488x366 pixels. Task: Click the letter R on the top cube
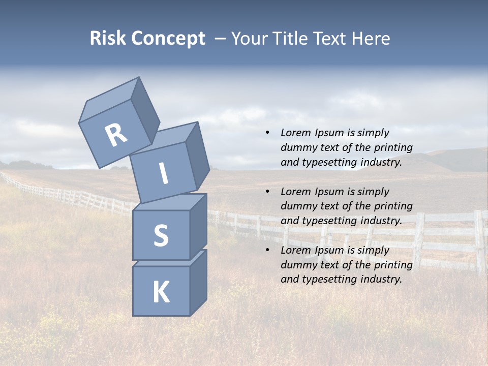[x=116, y=135]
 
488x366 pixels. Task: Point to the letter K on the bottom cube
[x=161, y=292]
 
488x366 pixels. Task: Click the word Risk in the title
[x=108, y=38]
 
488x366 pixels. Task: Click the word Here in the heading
[x=371, y=38]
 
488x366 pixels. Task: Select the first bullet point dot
[x=267, y=133]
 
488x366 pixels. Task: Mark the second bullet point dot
[x=267, y=192]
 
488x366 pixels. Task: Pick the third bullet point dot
[x=267, y=250]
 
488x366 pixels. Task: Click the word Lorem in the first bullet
[x=294, y=133]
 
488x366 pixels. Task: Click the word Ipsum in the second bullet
[x=331, y=192]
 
